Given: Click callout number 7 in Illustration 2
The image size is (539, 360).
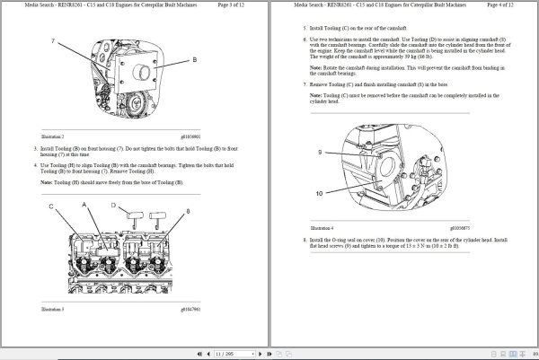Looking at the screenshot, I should (x=53, y=42).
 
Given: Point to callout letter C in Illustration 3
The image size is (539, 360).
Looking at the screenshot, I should (x=51, y=207).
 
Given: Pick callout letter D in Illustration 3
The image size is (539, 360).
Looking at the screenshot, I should (x=113, y=206).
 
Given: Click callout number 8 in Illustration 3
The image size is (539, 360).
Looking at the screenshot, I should (x=187, y=211).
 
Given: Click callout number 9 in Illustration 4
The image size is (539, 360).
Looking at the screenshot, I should (x=319, y=153).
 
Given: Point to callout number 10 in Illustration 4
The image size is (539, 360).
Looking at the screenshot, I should (x=319, y=193).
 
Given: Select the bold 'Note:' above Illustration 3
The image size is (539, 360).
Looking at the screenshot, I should (x=47, y=181).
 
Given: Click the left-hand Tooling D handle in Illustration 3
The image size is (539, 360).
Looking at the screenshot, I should (x=135, y=215).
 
